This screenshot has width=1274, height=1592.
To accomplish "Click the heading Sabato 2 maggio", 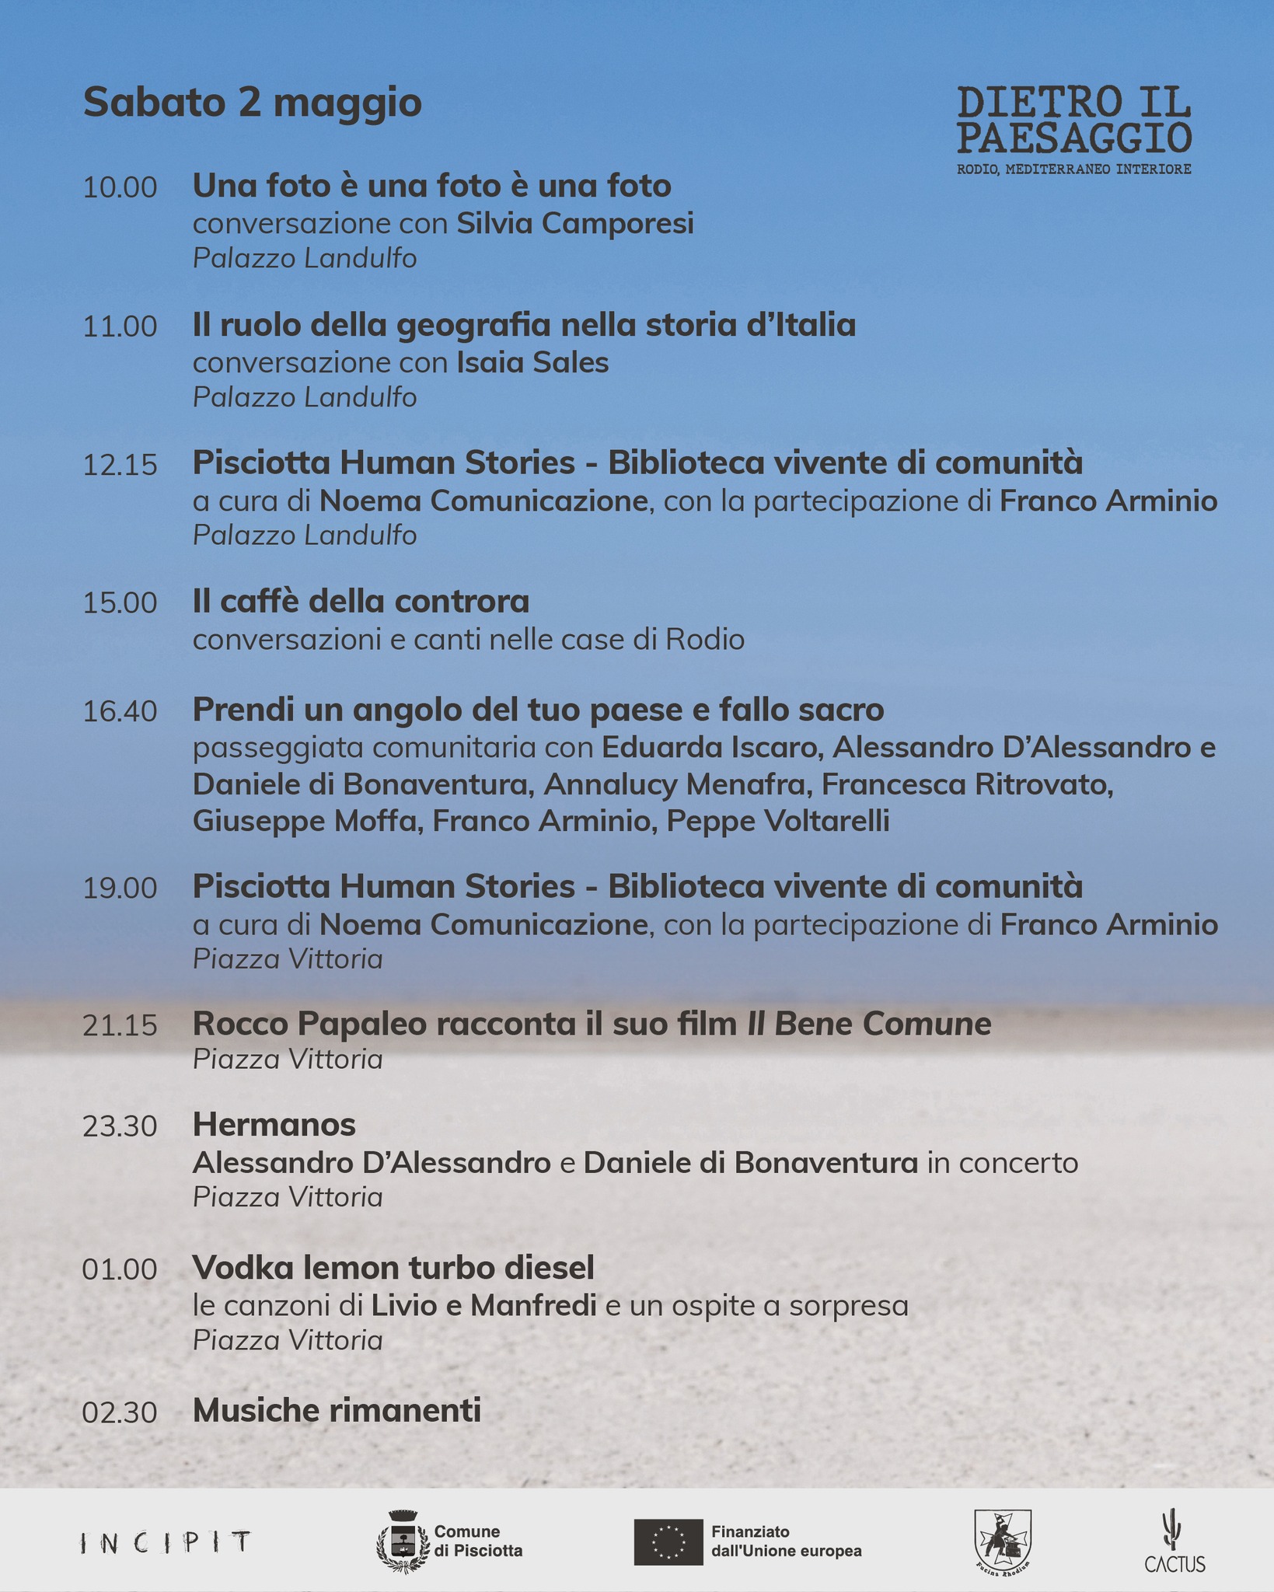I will pyautogui.click(x=252, y=103).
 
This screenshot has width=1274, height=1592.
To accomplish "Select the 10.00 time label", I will pyautogui.click(x=120, y=188).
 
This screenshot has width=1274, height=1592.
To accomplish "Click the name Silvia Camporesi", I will pyautogui.click(x=574, y=224).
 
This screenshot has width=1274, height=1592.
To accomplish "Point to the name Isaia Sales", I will pyautogui.click(x=532, y=363).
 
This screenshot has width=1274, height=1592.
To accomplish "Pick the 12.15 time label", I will pyautogui.click(x=120, y=466).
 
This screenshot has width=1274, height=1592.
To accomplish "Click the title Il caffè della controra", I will pyautogui.click(x=361, y=602).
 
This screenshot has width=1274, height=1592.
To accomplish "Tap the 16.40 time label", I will pyautogui.click(x=120, y=711).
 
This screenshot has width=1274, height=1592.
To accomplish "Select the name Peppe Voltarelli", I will pyautogui.click(x=778, y=821).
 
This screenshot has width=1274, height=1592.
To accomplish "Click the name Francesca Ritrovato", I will pyautogui.click(x=967, y=784).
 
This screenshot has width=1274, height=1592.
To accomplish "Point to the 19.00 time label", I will pyautogui.click(x=120, y=889).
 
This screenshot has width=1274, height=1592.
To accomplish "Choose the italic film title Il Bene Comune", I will pyautogui.click(x=868, y=1025).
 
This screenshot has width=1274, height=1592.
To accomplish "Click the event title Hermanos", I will pyautogui.click(x=274, y=1125).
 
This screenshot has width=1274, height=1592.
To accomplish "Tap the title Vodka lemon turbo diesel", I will pyautogui.click(x=393, y=1268).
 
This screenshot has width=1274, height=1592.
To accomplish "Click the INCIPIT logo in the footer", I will pyautogui.click(x=166, y=1542).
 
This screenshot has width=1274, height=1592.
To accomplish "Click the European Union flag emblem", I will pyautogui.click(x=668, y=1542).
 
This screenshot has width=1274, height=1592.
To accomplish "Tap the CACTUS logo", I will pyautogui.click(x=1174, y=1541).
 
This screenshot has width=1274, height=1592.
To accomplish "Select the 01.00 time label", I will pyautogui.click(x=120, y=1270).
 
